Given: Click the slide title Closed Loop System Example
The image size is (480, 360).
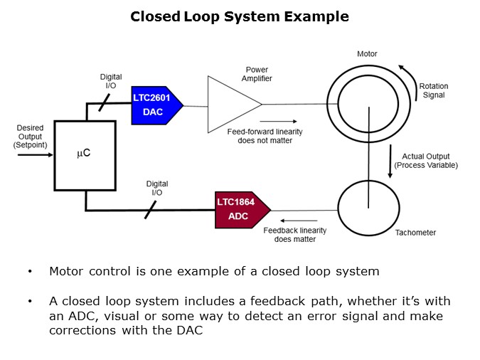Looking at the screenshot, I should pos(240,16).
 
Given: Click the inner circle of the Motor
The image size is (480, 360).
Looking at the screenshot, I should pos(368,105).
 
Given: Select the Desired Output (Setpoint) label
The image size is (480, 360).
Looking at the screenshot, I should pos(29,137).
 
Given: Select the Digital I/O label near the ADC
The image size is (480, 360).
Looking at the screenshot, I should pos(157,188).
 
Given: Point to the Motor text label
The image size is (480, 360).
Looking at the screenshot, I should pos(367,54).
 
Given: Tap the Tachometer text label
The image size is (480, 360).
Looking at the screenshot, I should pos(415,233).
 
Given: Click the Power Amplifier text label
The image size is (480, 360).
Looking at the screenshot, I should pos(257,75).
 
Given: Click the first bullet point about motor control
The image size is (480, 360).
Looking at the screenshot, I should pos(213,272).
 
